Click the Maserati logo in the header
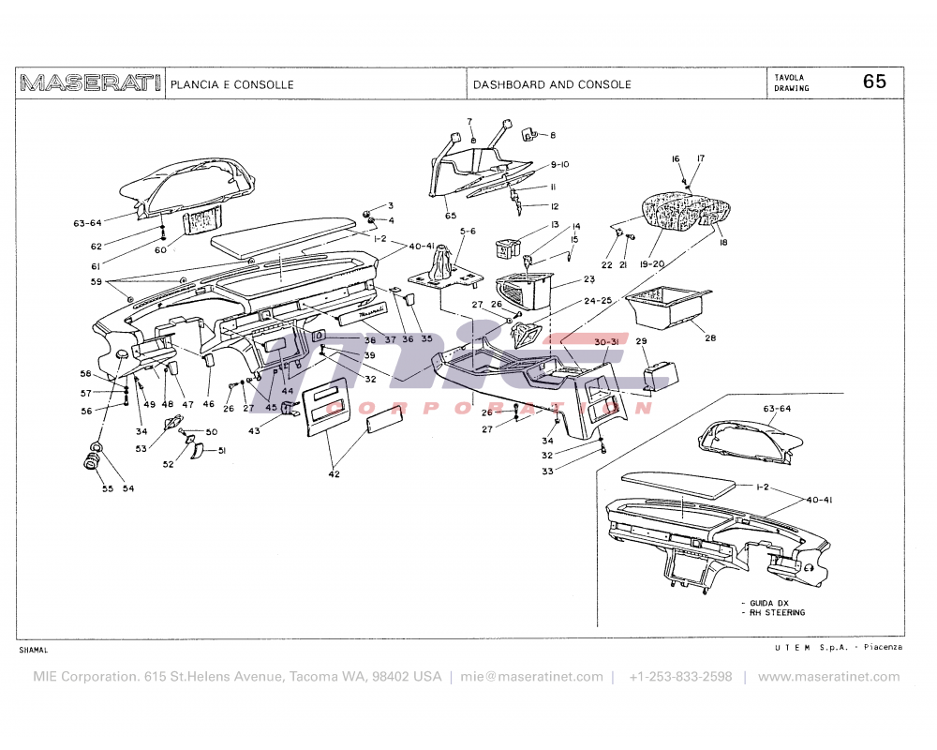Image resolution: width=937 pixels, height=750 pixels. click(90, 83)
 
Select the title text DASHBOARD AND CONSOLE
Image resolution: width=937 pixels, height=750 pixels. click(552, 84)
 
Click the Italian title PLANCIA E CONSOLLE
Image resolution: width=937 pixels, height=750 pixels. click(231, 84)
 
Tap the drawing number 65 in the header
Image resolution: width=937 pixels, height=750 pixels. click(873, 82)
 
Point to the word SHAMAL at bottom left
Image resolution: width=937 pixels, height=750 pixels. click(34, 650)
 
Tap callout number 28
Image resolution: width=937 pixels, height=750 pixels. click(710, 337)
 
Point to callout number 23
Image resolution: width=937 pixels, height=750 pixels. click(589, 279)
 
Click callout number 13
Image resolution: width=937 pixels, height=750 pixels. click(554, 225)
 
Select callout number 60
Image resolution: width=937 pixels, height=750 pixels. click(160, 250)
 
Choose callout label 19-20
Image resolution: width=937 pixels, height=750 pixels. click(652, 265)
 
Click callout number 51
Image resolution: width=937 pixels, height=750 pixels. click(222, 451)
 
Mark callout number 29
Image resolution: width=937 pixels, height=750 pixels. click(642, 341)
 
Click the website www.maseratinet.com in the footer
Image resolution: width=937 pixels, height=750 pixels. click(828, 676)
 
